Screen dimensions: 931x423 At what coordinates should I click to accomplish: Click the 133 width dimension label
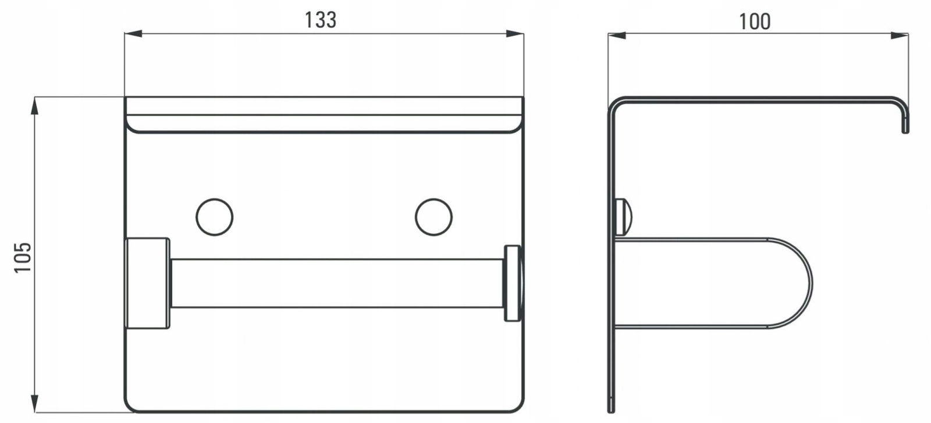coord(321,20)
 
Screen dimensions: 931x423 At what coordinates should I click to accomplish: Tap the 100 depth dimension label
coord(755,22)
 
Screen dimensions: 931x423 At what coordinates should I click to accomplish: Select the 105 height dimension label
coord(23,257)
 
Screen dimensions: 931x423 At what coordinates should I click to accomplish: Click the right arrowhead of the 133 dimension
coord(515,34)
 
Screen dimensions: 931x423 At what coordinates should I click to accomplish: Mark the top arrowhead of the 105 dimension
coord(34,105)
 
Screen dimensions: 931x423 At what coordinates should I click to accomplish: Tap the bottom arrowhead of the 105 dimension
coord(34,403)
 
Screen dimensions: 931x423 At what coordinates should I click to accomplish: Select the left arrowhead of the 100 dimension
coord(617,35)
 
